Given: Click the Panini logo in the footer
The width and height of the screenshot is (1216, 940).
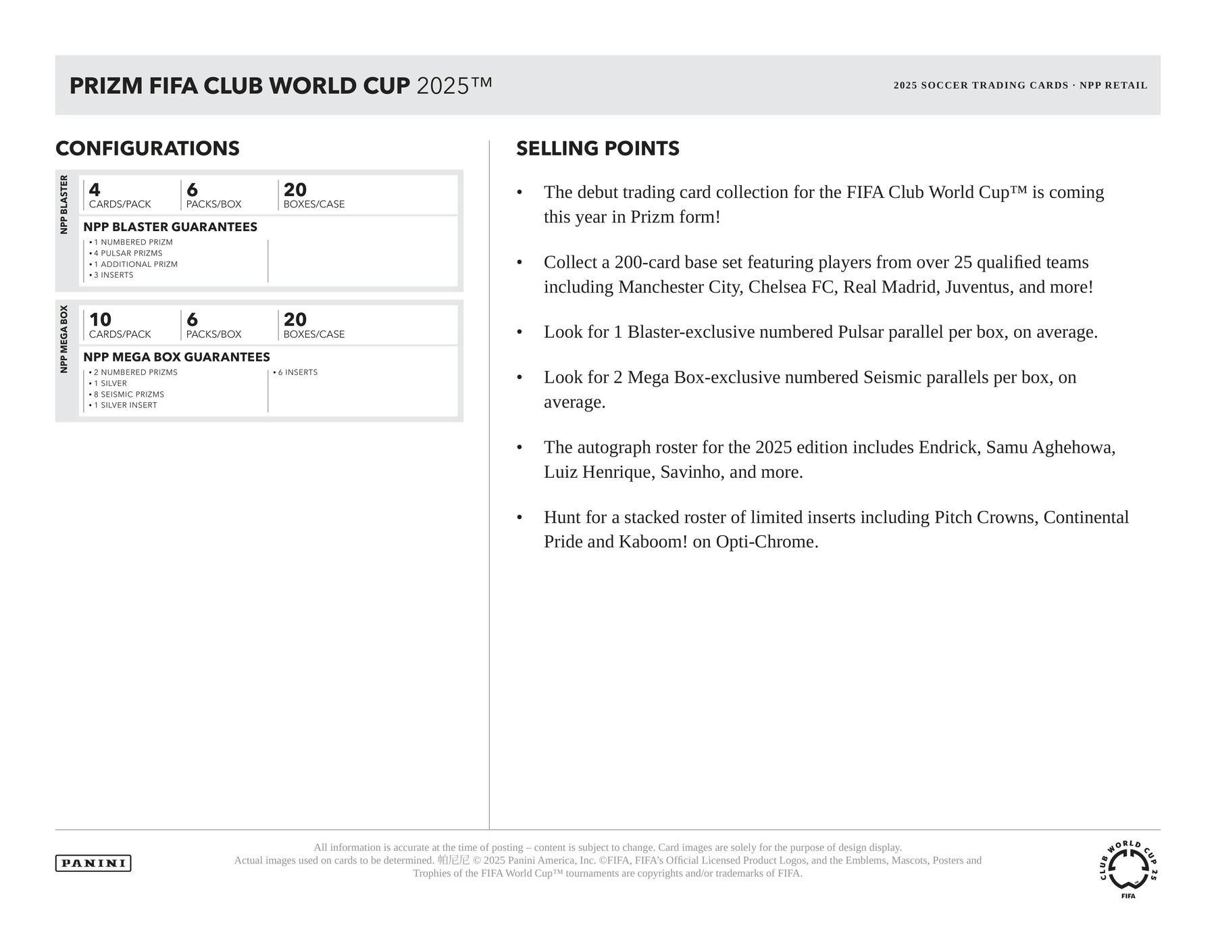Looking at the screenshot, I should [x=93, y=863].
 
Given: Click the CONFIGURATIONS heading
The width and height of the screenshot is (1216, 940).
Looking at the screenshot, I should [x=147, y=149].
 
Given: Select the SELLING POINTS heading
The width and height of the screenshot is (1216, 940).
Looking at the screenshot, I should [x=598, y=149].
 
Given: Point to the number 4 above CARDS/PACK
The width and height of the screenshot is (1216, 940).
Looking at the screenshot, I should [x=95, y=190].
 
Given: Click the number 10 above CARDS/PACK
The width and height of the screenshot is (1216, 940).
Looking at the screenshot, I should [x=100, y=320].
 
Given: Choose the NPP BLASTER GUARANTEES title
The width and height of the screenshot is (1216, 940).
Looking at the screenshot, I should [x=170, y=227].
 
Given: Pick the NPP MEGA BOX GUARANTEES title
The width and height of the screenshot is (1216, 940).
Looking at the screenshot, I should [x=176, y=357].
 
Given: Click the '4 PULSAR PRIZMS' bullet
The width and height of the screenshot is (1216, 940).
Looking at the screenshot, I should [x=128, y=253].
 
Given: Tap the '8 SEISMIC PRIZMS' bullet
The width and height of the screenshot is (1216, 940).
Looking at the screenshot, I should [x=128, y=394].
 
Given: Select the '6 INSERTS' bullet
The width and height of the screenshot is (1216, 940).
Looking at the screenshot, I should [x=297, y=372].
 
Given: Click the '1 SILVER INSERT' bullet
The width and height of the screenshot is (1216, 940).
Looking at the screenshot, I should [x=125, y=405].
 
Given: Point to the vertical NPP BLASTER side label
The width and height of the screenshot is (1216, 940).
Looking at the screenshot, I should [x=64, y=205].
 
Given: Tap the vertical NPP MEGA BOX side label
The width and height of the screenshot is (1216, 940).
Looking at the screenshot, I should [x=64, y=339].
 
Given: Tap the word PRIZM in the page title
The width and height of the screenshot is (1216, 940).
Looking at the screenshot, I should [x=106, y=86].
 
